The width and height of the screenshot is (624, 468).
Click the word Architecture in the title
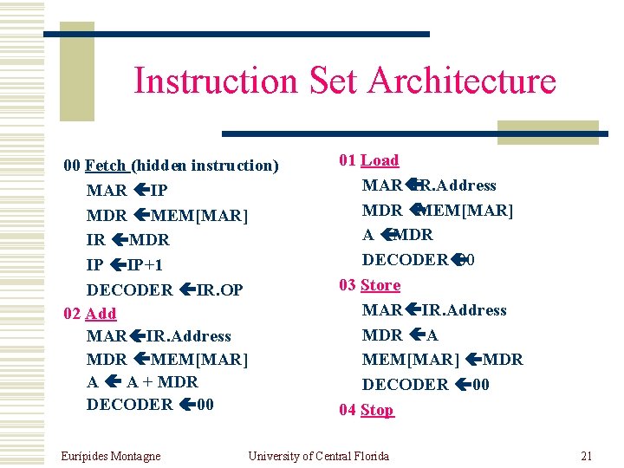(461, 81)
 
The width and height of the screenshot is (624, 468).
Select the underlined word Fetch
(107, 165)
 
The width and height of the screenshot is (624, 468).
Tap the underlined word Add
(101, 313)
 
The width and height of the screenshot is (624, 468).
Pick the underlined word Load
(380, 160)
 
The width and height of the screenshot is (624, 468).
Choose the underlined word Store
(380, 285)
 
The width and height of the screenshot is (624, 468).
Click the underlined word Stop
(377, 410)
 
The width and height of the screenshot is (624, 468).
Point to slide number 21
(586, 456)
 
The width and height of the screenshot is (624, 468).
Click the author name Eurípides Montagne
(111, 456)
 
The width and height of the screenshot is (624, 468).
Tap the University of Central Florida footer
(318, 456)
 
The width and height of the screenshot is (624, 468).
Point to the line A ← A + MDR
(142, 381)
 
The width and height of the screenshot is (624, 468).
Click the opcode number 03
(348, 285)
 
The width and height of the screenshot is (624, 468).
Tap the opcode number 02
(74, 313)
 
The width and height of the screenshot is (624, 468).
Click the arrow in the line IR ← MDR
(120, 240)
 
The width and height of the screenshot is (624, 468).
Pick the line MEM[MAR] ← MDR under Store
(442, 360)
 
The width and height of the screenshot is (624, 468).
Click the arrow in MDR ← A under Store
(418, 335)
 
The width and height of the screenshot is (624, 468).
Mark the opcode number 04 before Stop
(348, 410)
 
